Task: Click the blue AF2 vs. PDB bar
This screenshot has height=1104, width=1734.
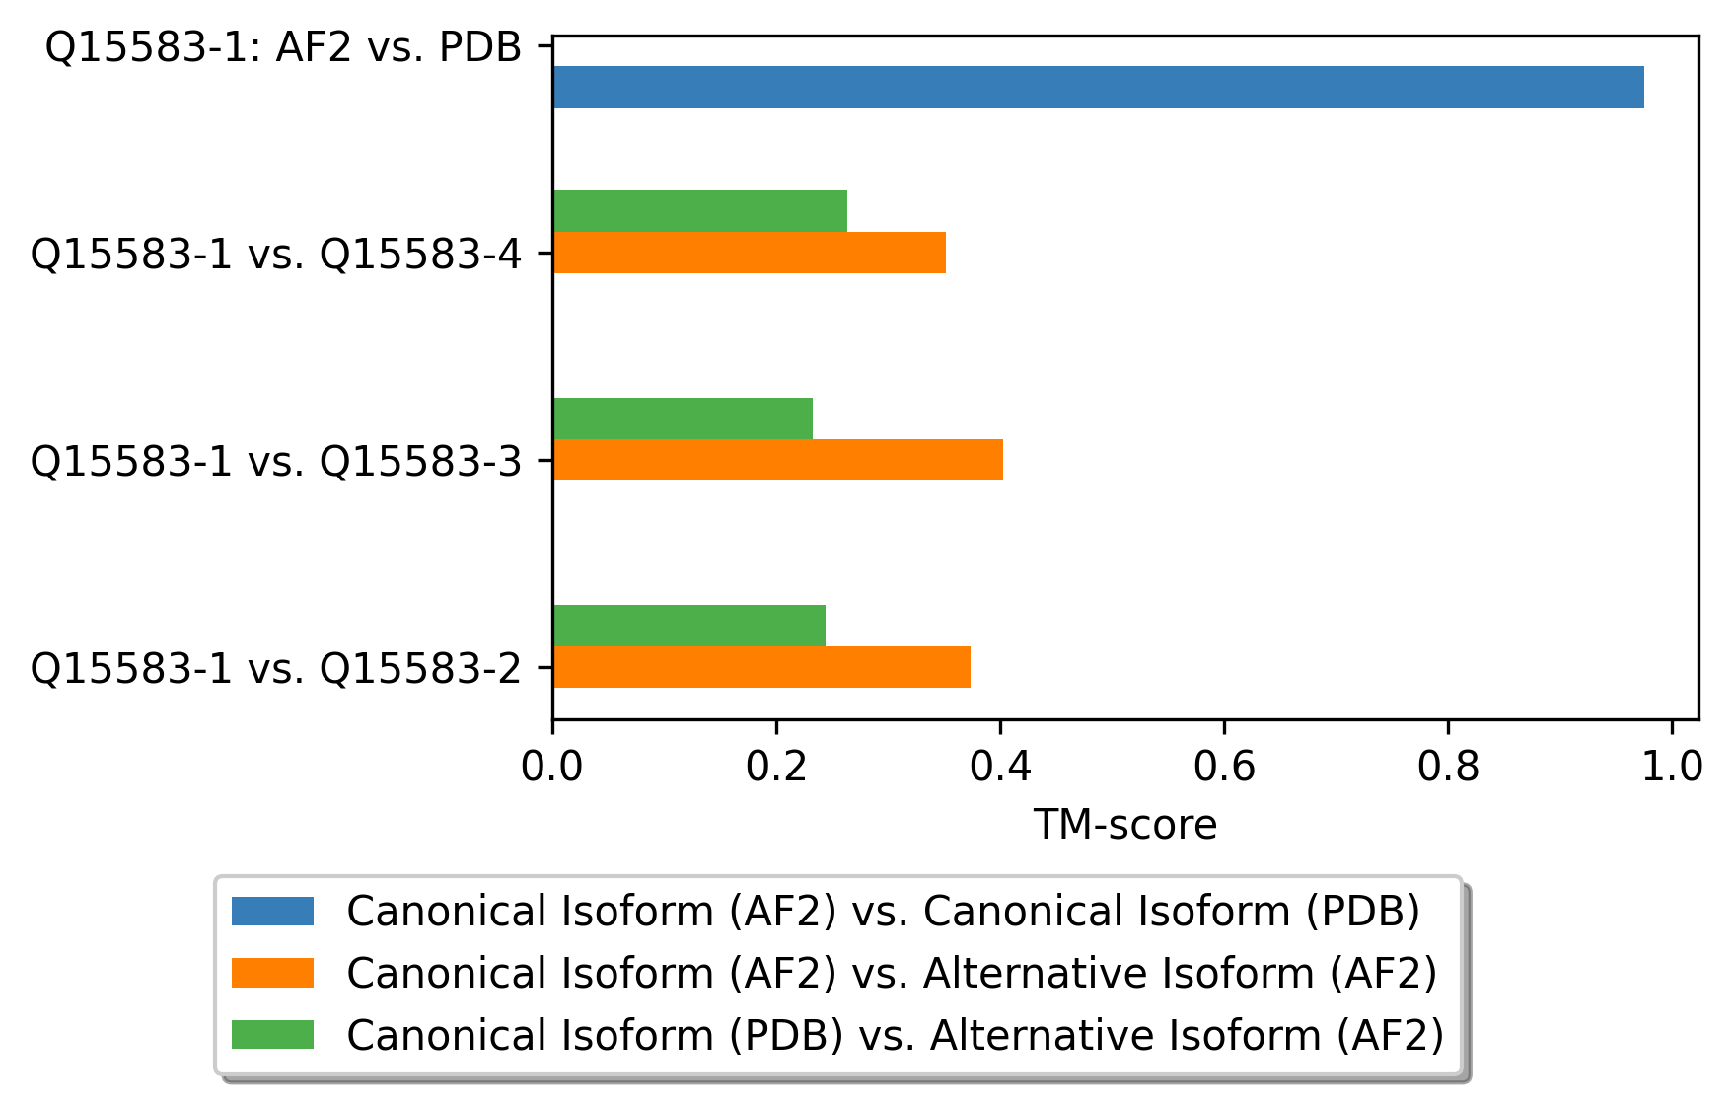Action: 1099,87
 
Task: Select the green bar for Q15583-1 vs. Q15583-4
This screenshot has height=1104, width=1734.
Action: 700,211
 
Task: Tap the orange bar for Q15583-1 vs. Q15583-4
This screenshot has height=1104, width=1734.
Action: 750,253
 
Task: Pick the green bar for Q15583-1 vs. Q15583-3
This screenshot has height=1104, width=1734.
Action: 684,418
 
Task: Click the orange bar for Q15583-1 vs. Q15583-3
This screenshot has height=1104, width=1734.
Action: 778,460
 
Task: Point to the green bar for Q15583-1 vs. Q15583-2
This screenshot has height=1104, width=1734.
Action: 689,626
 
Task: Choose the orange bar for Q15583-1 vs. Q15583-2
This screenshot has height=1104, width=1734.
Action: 762,667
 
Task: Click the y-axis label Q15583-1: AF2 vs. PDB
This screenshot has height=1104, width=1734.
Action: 284,46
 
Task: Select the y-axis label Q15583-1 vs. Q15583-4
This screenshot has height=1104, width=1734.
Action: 276,254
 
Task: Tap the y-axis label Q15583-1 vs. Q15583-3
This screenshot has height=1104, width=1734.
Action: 276,461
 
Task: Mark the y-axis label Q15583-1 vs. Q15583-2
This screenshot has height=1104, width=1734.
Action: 276,668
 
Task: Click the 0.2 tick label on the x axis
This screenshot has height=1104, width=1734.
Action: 776,767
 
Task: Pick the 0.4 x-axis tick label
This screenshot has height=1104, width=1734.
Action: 1000,767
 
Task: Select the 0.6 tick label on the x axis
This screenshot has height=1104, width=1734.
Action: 1224,767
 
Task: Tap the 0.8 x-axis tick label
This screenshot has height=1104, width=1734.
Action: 1448,767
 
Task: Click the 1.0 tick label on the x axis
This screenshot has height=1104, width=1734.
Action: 1672,767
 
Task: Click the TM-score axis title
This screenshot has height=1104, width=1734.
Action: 1125,825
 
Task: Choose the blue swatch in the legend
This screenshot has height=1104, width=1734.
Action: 272,911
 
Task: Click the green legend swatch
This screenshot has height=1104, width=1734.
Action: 272,1035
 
